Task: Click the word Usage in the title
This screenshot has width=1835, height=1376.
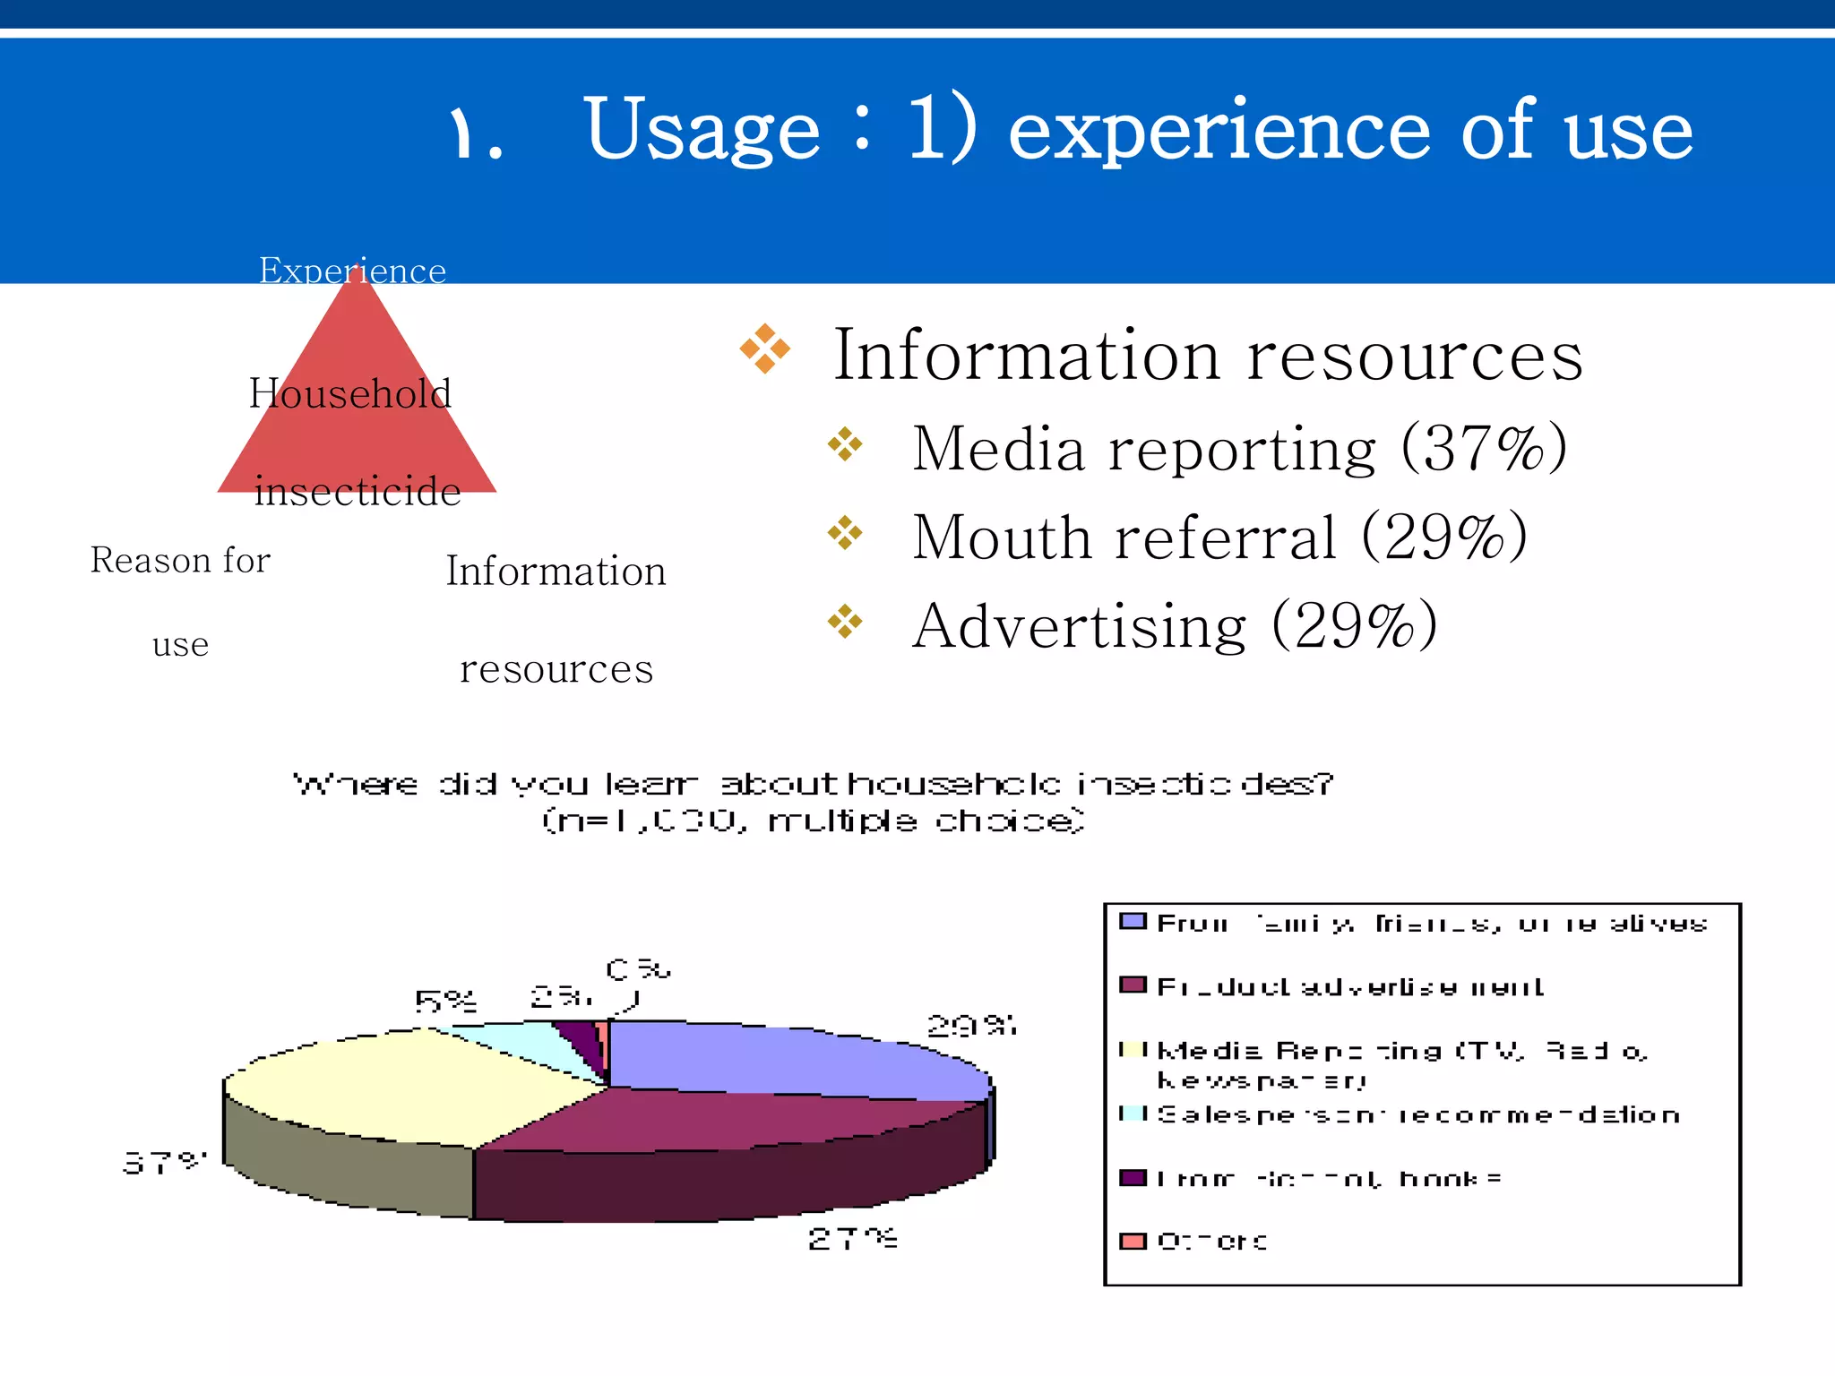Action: click(702, 131)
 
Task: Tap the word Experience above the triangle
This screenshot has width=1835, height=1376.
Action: click(352, 271)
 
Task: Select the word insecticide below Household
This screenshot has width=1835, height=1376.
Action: click(357, 491)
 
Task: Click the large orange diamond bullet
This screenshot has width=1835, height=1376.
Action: click(764, 348)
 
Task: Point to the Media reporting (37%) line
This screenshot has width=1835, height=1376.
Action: click(1238, 448)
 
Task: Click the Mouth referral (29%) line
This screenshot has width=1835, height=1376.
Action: click(1219, 537)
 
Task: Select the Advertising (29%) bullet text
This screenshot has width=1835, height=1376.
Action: click(1174, 625)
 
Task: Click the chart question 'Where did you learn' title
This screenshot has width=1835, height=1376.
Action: click(813, 785)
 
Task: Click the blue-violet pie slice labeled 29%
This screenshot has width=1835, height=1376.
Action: click(788, 1057)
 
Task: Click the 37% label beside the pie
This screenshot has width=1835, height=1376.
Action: click(164, 1163)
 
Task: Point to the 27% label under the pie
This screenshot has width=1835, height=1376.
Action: click(851, 1239)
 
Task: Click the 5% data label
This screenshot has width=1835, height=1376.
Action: click(445, 1001)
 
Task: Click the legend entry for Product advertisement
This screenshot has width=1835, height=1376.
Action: click(1348, 987)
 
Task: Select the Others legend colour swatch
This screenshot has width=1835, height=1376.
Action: click(1133, 1241)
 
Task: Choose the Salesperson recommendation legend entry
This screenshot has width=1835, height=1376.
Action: click(1416, 1115)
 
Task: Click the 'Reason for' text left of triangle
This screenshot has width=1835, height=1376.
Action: click(180, 561)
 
